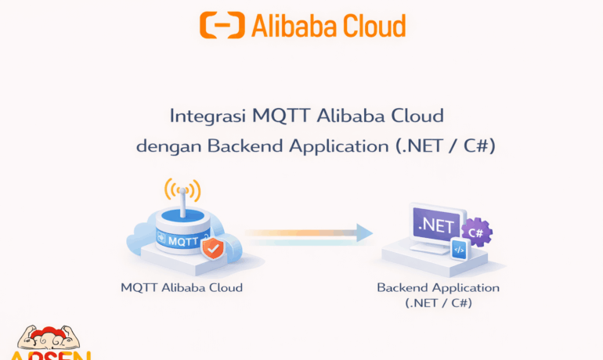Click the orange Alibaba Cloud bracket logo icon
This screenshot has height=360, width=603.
[222, 25]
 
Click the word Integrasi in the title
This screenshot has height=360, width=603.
[208, 117]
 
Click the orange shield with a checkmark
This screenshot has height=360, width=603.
[211, 249]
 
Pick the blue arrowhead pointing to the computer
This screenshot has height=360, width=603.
[363, 232]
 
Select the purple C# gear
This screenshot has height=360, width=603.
[475, 232]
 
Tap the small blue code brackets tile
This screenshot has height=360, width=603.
[459, 250]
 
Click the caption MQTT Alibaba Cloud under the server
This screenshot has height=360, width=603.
[182, 287]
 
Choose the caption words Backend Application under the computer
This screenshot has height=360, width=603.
[438, 287]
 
